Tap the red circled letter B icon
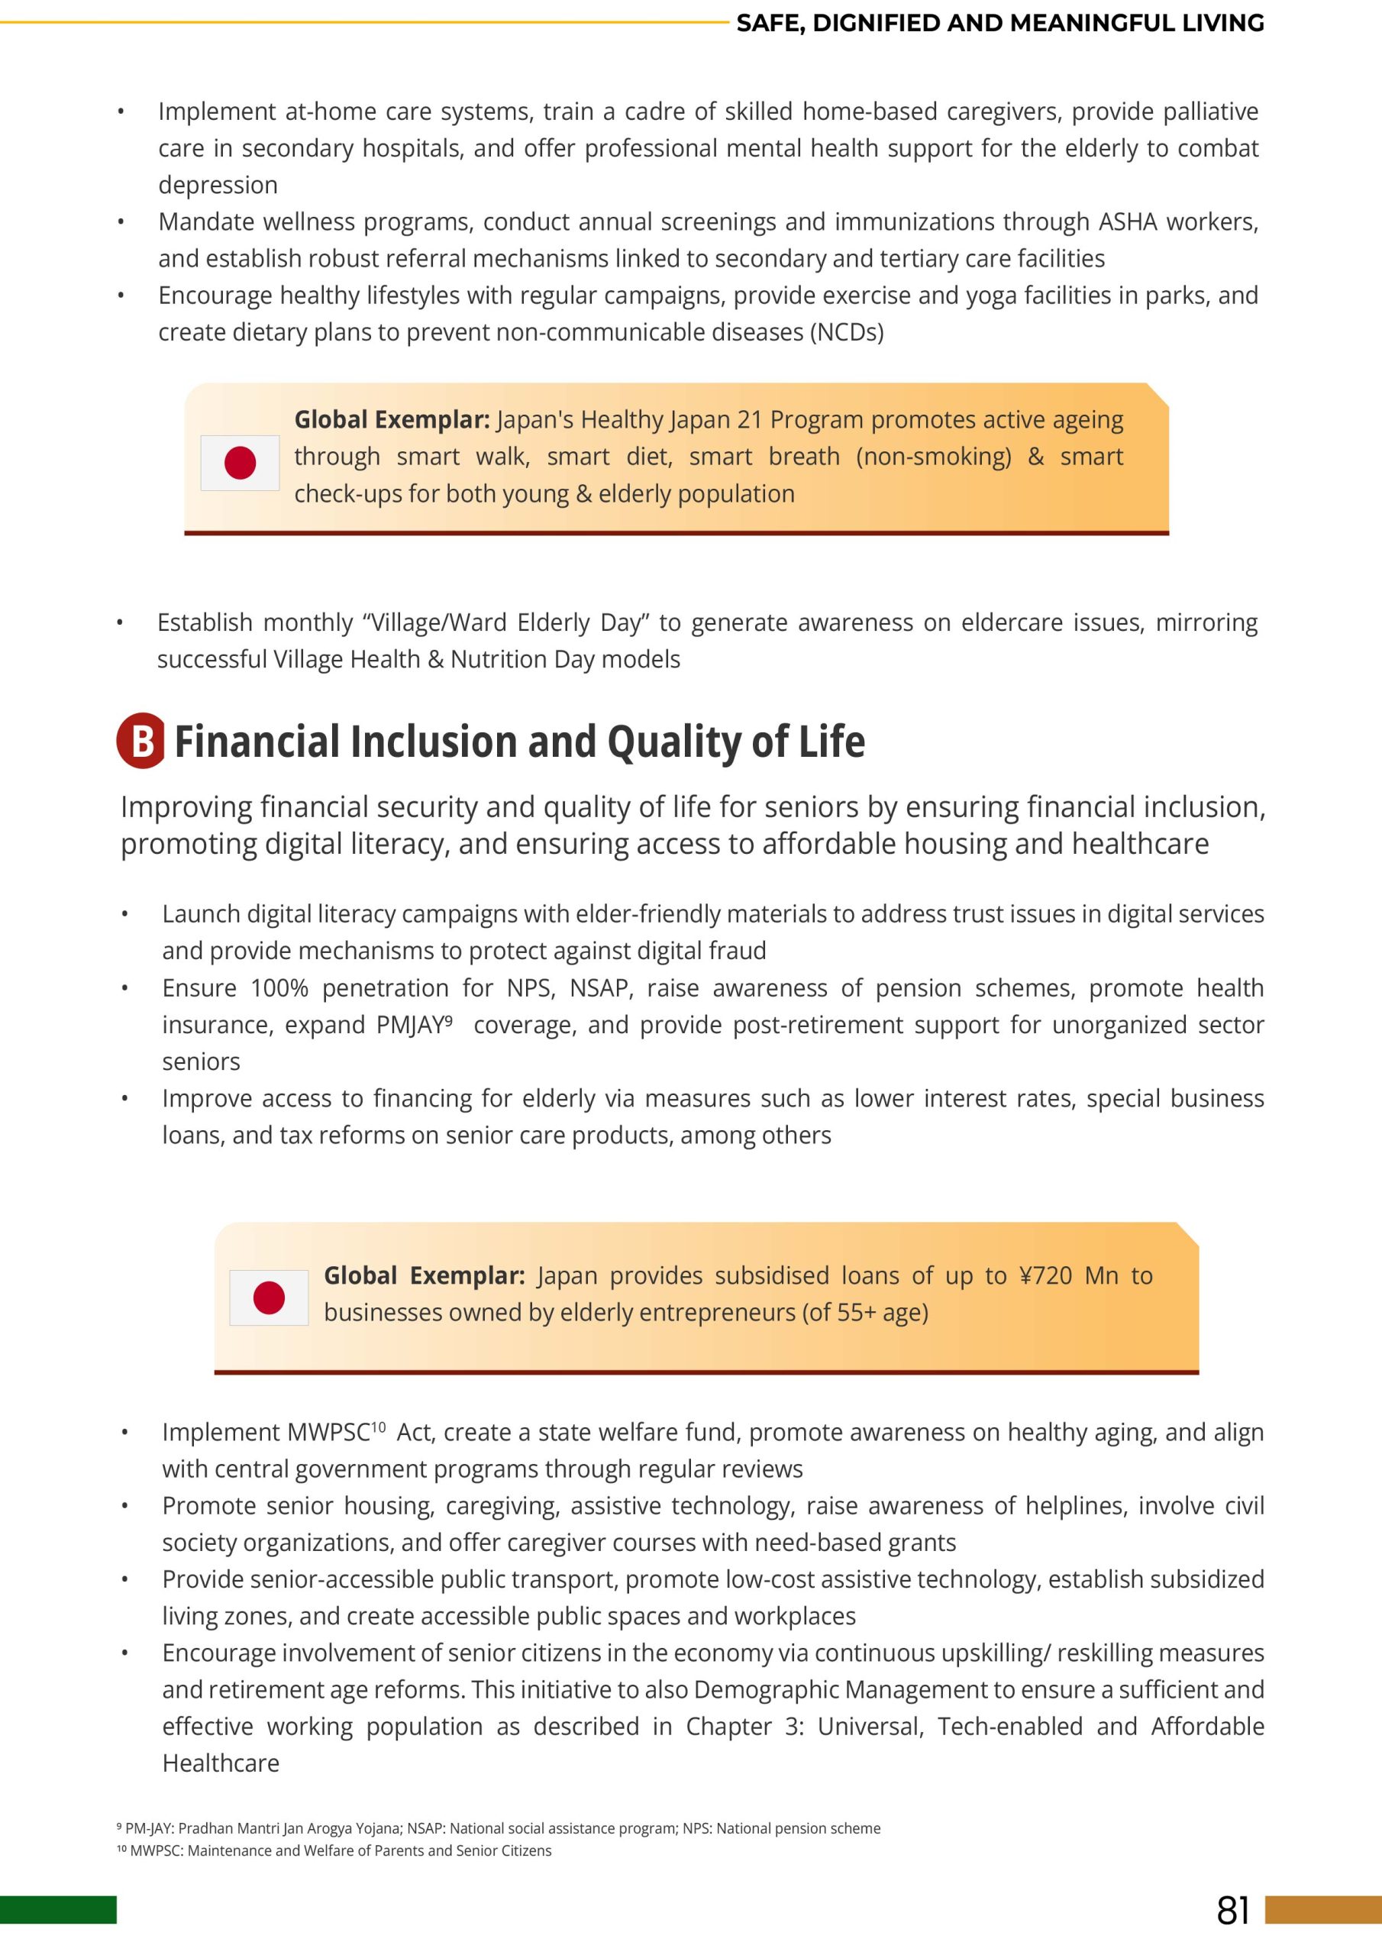click(141, 740)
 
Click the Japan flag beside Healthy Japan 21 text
click(240, 464)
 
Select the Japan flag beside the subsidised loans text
click(269, 1297)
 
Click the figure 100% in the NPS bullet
click(279, 987)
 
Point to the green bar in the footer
click(58, 1910)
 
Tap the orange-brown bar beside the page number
click(1323, 1910)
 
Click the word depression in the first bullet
click(218, 186)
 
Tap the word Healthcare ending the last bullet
click(221, 1763)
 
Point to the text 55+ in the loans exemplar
click(857, 1312)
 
